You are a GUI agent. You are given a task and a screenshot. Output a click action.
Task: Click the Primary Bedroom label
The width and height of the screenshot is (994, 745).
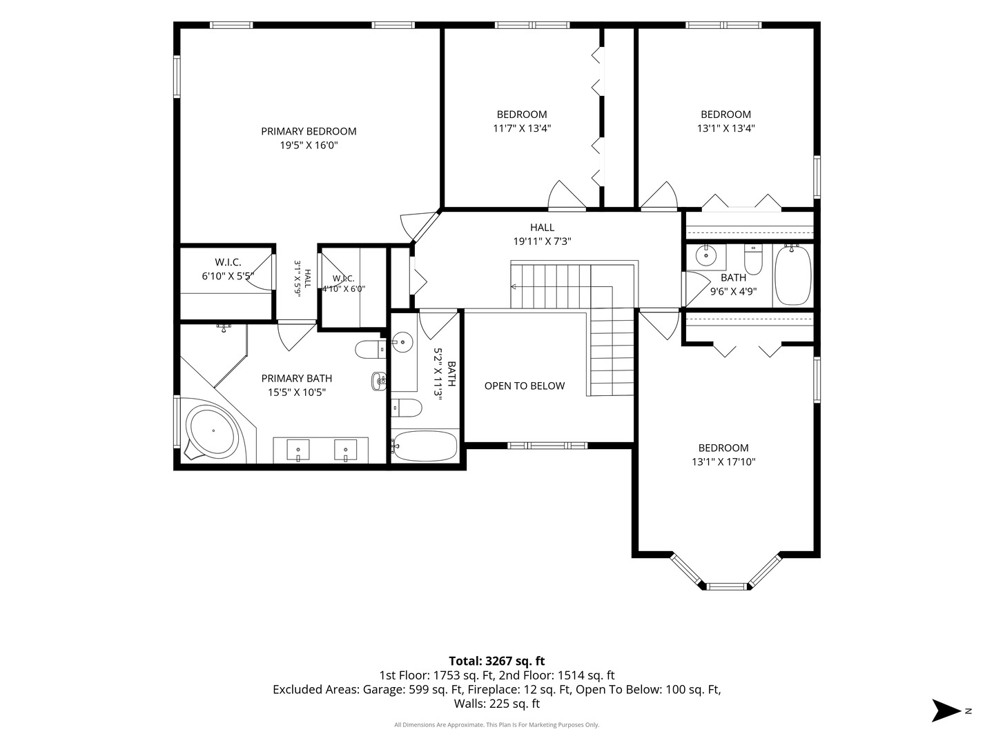pyautogui.click(x=309, y=131)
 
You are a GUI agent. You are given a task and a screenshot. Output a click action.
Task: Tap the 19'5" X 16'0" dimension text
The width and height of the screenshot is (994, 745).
pyautogui.click(x=309, y=145)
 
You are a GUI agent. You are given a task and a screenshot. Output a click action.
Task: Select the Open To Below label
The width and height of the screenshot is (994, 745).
pyautogui.click(x=525, y=386)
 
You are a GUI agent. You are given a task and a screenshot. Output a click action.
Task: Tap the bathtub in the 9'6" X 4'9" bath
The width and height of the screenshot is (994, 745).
pyautogui.click(x=793, y=275)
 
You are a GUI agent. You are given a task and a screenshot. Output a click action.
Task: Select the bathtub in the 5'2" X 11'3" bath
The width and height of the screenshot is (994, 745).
pyautogui.click(x=425, y=446)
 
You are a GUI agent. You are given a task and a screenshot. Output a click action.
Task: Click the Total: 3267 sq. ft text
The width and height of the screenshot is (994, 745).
pyautogui.click(x=497, y=661)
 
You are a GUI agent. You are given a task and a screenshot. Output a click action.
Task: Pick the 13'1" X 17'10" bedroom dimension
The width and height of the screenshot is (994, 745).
pyautogui.click(x=723, y=462)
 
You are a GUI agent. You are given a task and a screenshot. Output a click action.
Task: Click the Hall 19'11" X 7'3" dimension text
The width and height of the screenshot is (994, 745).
pyautogui.click(x=542, y=241)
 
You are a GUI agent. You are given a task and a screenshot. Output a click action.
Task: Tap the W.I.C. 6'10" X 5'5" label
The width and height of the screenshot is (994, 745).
pyautogui.click(x=228, y=269)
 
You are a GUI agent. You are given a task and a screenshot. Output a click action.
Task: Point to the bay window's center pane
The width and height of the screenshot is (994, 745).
pyautogui.click(x=726, y=586)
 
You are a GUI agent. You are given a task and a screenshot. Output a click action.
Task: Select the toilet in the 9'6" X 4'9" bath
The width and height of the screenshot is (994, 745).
pyautogui.click(x=753, y=259)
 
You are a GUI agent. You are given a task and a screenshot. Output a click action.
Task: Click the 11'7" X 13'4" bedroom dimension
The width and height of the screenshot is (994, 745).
pyautogui.click(x=522, y=128)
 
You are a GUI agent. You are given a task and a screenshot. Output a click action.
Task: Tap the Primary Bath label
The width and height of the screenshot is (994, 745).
pyautogui.click(x=297, y=378)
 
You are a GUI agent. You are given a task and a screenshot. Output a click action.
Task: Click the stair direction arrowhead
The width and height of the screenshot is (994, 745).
pyautogui.click(x=514, y=286)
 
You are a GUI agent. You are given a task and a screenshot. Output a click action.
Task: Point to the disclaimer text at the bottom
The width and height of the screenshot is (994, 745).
pyautogui.click(x=497, y=724)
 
